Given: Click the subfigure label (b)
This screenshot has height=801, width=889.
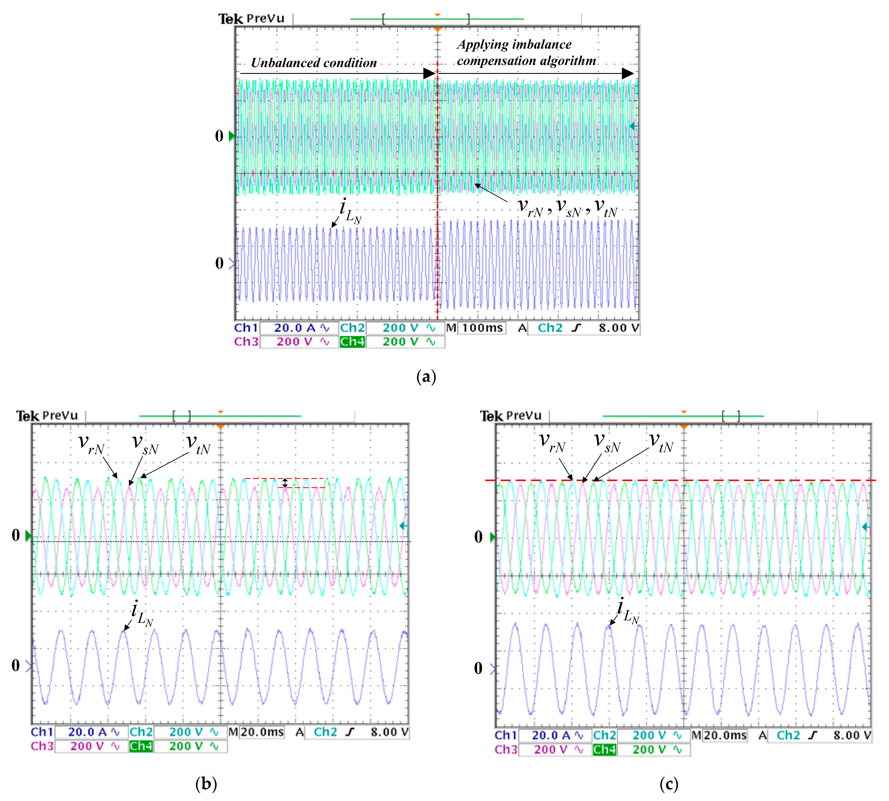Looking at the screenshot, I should (206, 784).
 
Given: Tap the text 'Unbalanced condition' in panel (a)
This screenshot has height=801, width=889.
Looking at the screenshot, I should (314, 63).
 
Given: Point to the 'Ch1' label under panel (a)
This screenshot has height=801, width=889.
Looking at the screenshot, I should (246, 328).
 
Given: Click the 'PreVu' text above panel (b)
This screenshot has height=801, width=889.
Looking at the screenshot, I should (60, 415).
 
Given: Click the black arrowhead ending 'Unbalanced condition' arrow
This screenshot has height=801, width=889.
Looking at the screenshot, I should (429, 73).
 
